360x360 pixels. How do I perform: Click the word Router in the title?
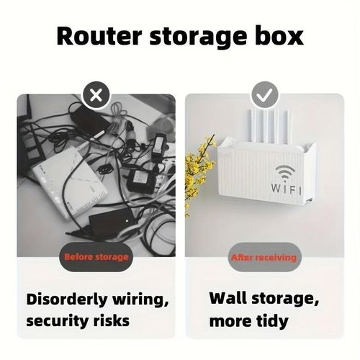(x=99, y=37)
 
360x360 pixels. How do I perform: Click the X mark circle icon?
(x=96, y=95)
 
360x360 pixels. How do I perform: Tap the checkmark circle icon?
(x=265, y=95)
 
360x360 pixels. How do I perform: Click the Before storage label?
(x=96, y=257)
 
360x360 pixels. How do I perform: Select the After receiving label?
(x=264, y=257)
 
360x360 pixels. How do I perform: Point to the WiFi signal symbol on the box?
(x=285, y=172)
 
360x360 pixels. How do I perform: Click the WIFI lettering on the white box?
(x=287, y=189)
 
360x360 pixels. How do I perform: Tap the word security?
(x=55, y=321)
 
